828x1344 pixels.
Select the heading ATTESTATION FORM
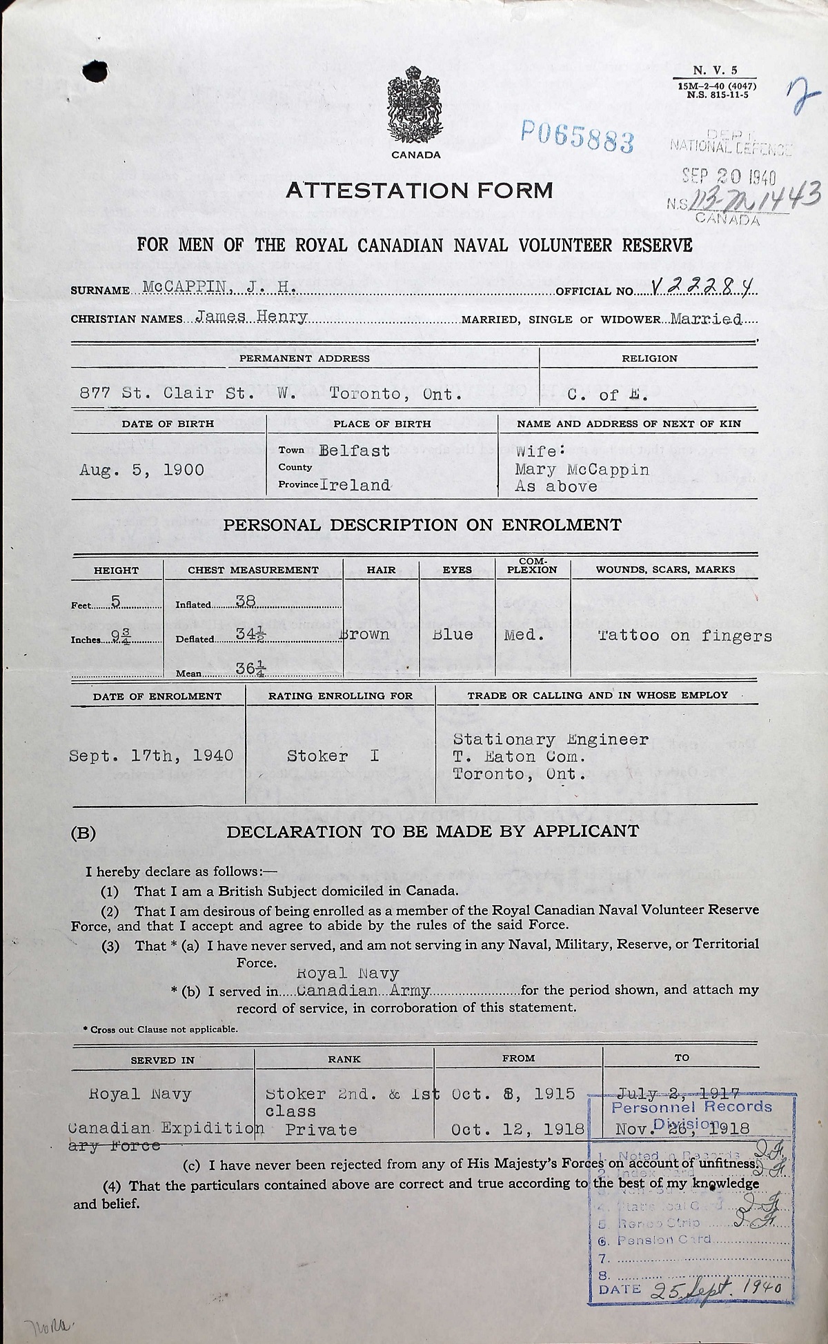click(419, 190)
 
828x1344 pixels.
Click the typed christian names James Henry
click(251, 317)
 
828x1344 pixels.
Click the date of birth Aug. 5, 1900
click(141, 471)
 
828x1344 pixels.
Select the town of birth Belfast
click(355, 451)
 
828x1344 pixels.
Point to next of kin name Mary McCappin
click(582, 469)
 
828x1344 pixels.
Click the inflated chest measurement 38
click(246, 601)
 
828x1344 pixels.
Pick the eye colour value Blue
click(453, 634)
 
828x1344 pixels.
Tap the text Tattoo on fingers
click(684, 635)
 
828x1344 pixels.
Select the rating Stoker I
click(333, 755)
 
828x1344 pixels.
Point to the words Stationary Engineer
click(551, 740)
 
